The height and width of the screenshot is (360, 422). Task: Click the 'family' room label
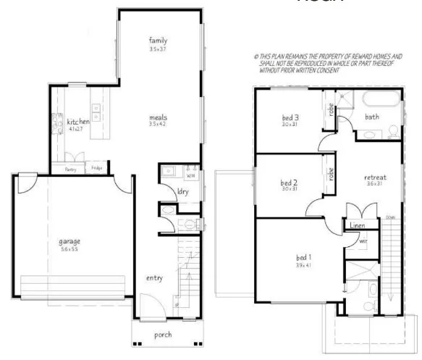coord(159,40)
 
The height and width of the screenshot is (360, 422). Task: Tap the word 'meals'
coord(159,116)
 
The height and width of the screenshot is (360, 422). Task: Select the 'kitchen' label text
coord(78,122)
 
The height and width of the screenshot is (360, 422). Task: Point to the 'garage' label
coord(69,241)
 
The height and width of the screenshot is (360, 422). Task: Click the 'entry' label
coord(153,278)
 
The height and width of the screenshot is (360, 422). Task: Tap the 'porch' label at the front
coord(164,335)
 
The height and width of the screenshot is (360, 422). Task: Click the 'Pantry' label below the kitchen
coord(71,169)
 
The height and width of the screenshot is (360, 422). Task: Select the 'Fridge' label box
coord(96,169)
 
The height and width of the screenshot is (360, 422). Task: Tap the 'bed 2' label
coord(290,183)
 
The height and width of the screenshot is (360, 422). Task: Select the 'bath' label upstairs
coord(371,117)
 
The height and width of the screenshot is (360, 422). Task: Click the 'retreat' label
coord(375,177)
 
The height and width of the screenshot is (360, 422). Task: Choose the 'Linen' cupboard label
coord(357,226)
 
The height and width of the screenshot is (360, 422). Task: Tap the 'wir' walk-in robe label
coord(363,241)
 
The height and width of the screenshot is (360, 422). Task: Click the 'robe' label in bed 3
coord(331,112)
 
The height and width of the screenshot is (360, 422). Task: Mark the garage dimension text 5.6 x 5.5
coord(69,248)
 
